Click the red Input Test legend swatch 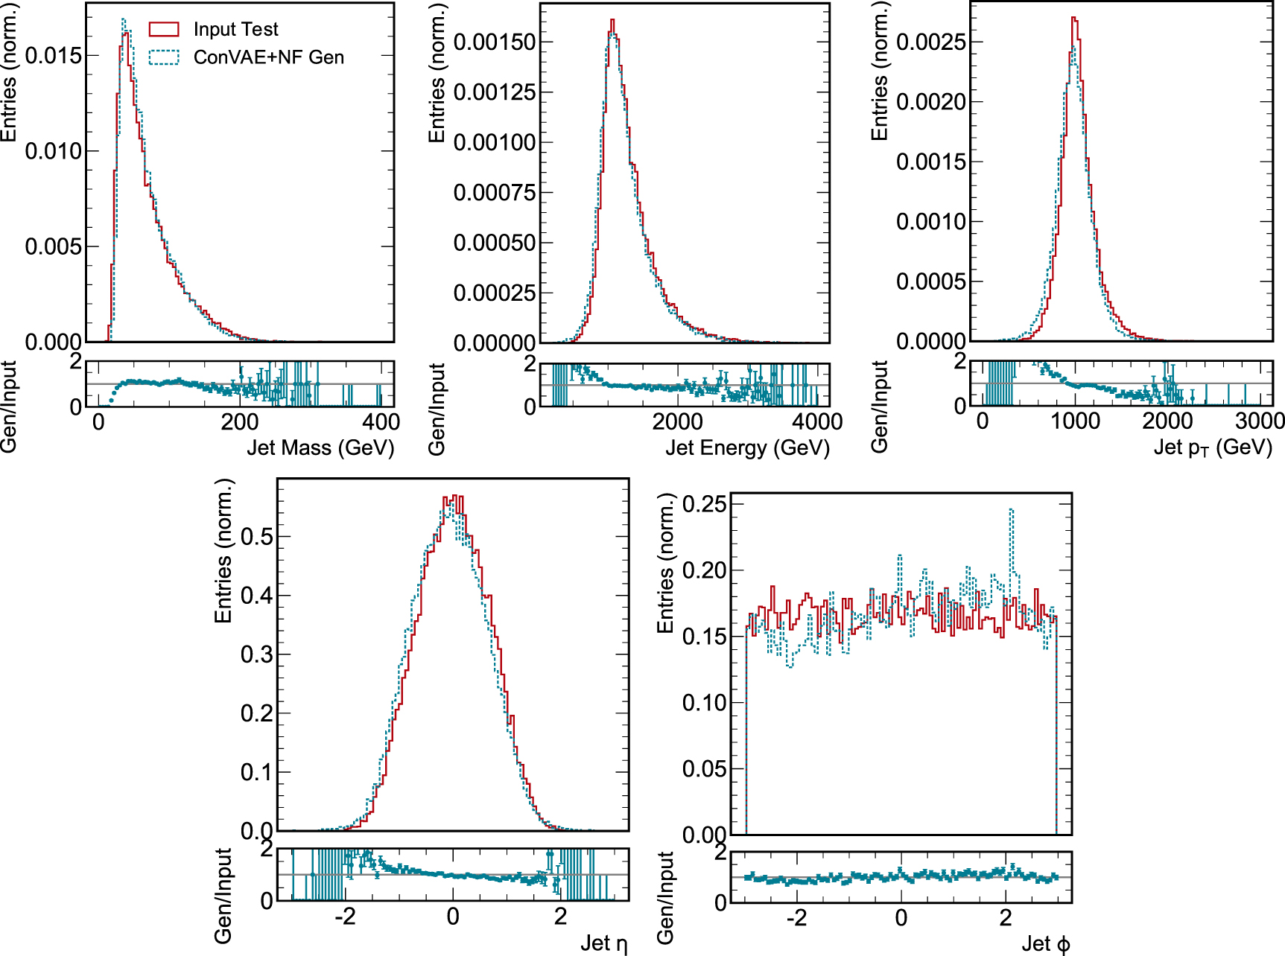pos(164,29)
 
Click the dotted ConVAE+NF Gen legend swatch pos(164,57)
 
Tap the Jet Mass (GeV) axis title pos(320,447)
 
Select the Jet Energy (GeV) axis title pos(747,447)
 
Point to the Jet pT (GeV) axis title pos(1213,447)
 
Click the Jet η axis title pos(603,943)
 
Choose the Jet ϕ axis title pos(1045,943)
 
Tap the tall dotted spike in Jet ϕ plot pos(1011,511)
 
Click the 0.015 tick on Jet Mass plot pos(53,56)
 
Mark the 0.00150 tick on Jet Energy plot pos(495,42)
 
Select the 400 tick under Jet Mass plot pos(381,422)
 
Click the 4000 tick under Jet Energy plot pos(817,422)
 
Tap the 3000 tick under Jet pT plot pos(1260,421)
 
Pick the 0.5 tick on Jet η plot pos(256,536)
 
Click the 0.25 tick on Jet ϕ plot pos(704,504)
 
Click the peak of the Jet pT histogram pos(1074,19)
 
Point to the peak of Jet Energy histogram pos(612,21)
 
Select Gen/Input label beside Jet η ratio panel pos(223,896)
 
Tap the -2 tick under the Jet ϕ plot pos(796,917)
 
